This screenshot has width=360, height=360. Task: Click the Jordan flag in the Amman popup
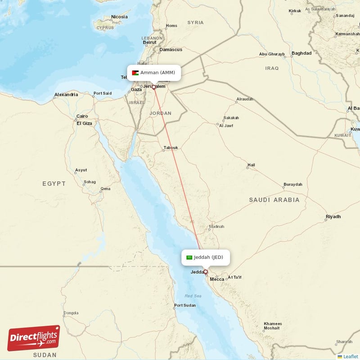pos(135,73)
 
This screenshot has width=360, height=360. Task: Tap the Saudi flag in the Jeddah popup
pos(189,257)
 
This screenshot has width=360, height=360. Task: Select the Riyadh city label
pos(333,217)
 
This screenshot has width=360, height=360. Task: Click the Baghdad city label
pos(301,53)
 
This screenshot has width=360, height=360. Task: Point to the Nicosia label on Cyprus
pos(119,17)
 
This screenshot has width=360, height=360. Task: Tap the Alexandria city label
pos(66,94)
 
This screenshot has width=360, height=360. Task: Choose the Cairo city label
pos(82,116)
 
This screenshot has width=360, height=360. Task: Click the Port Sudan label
pos(185,306)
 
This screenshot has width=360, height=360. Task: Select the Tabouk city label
pos(171,148)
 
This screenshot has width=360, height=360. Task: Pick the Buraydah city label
pos(292,184)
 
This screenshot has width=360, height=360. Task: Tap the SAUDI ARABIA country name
pos(274,199)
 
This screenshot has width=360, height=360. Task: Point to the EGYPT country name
pos(54,184)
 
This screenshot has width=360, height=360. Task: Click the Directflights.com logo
pos(34,338)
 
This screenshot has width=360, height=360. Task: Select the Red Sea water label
pos(193,296)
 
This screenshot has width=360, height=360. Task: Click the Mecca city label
pos(217,279)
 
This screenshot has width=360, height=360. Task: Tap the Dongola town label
pos(71,313)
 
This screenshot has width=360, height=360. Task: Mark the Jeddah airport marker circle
pos(206,272)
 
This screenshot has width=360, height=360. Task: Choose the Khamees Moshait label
pos(273,326)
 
